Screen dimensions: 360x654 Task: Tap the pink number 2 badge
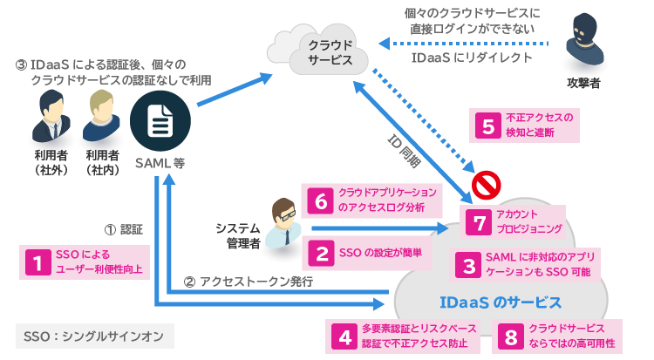[322, 254]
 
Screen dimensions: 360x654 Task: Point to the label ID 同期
[405, 147]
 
